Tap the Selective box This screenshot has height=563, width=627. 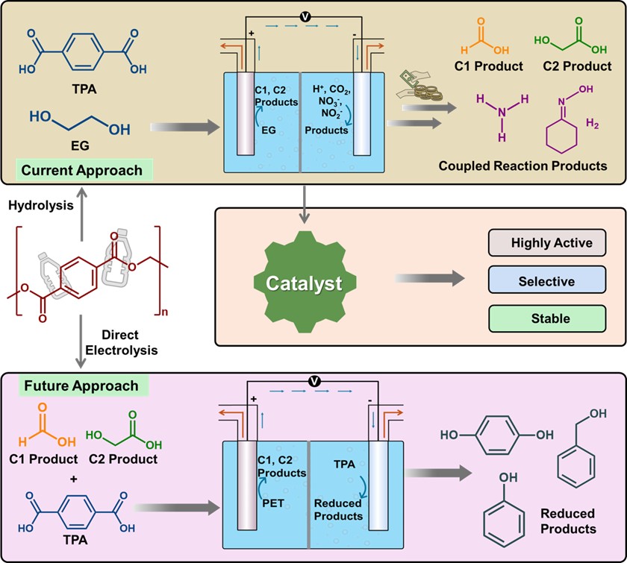(x=552, y=280)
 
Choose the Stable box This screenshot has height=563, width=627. (x=552, y=318)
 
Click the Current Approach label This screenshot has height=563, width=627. (x=81, y=170)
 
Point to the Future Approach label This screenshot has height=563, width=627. (x=81, y=386)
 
